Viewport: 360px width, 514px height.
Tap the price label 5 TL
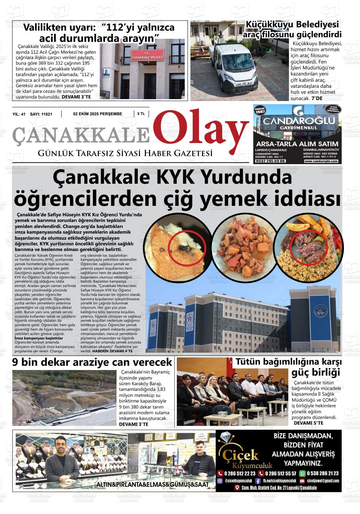click(x=141, y=114)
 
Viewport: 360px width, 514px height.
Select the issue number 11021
click(x=45, y=114)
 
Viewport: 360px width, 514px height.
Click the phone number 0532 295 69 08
click(x=270, y=161)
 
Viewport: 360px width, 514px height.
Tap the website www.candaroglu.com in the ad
click(x=321, y=161)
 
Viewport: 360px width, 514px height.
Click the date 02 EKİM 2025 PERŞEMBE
click(x=98, y=114)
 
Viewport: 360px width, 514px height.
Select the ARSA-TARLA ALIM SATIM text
click(x=297, y=144)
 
